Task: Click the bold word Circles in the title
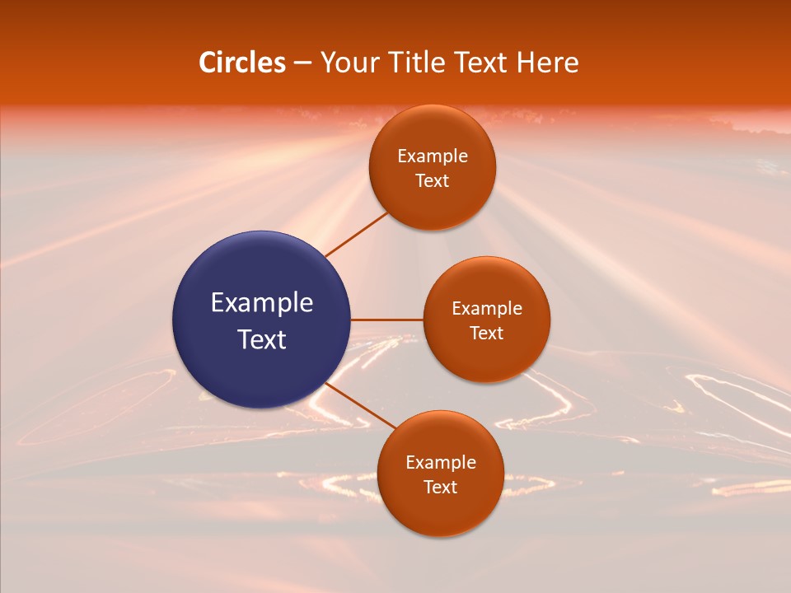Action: click(242, 63)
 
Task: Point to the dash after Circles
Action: click(302, 63)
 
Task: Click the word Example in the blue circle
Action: click(262, 303)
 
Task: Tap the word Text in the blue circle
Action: click(262, 339)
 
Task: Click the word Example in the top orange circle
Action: click(433, 156)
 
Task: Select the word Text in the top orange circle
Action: click(433, 181)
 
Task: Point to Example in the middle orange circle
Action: click(487, 309)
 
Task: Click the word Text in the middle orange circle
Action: click(487, 334)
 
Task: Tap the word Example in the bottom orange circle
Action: click(441, 463)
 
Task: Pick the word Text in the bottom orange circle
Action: click(441, 488)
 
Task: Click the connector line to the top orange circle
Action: click(357, 234)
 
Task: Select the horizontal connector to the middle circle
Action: click(387, 319)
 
